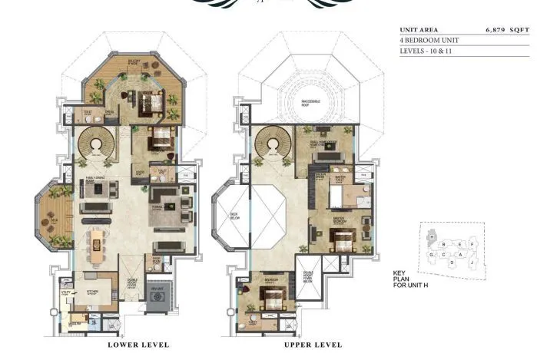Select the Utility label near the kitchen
pos(66,291)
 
